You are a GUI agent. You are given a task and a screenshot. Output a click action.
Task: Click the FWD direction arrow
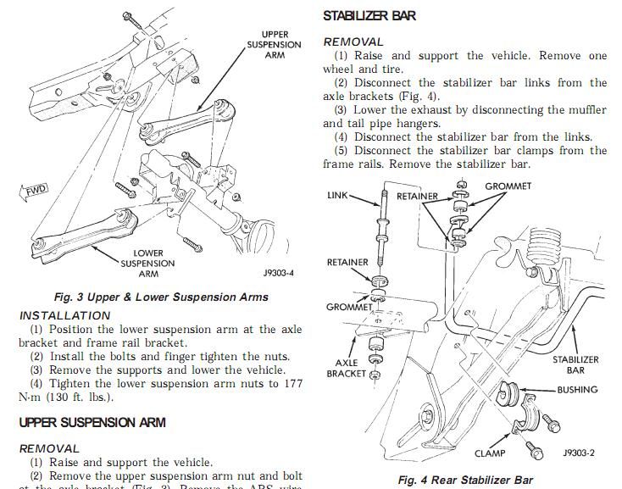point(36,190)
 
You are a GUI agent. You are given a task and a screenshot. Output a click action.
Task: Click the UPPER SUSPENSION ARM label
point(273,45)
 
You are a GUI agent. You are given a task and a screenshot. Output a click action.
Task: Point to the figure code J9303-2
point(578,453)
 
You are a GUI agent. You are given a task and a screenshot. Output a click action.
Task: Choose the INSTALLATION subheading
point(64,315)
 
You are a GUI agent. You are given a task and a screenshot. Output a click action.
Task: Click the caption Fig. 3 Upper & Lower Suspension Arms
point(160,297)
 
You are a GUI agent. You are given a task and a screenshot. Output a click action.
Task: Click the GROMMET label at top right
point(508,186)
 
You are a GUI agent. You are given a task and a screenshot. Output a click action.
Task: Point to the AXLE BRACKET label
point(347,368)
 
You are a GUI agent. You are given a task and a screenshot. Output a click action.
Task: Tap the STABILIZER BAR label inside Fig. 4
point(575,364)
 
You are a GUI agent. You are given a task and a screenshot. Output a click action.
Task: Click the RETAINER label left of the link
point(347,263)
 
